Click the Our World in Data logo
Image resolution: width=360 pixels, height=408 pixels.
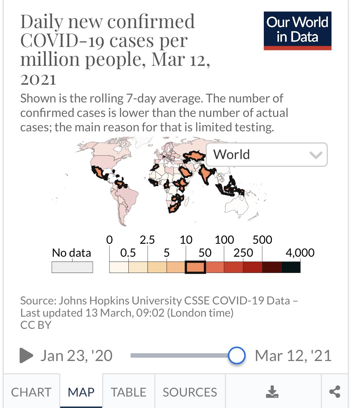pos(297,30)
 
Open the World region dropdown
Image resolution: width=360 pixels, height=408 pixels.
pos(266,154)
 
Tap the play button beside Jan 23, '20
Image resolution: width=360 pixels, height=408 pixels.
pos(26,355)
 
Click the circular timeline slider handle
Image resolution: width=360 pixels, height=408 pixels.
pos(236,355)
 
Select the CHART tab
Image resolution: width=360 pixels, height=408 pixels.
pos(31,392)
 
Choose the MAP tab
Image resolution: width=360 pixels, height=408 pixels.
pos(81,392)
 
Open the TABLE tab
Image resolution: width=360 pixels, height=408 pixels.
pos(128,392)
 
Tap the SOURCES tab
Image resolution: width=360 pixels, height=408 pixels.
pos(190,392)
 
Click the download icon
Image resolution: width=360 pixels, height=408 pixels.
pos(272,392)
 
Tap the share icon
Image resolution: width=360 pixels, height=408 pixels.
pos(334,392)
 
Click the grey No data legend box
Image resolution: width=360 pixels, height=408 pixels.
pos(72,267)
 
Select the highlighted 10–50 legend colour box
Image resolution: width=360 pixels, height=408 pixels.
pos(195,267)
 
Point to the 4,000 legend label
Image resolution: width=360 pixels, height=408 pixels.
pos(300,253)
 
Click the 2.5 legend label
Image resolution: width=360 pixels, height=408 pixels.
pos(147,240)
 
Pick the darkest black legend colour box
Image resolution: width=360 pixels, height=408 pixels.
pos(291,267)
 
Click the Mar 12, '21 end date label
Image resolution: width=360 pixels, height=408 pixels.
pos(293,355)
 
